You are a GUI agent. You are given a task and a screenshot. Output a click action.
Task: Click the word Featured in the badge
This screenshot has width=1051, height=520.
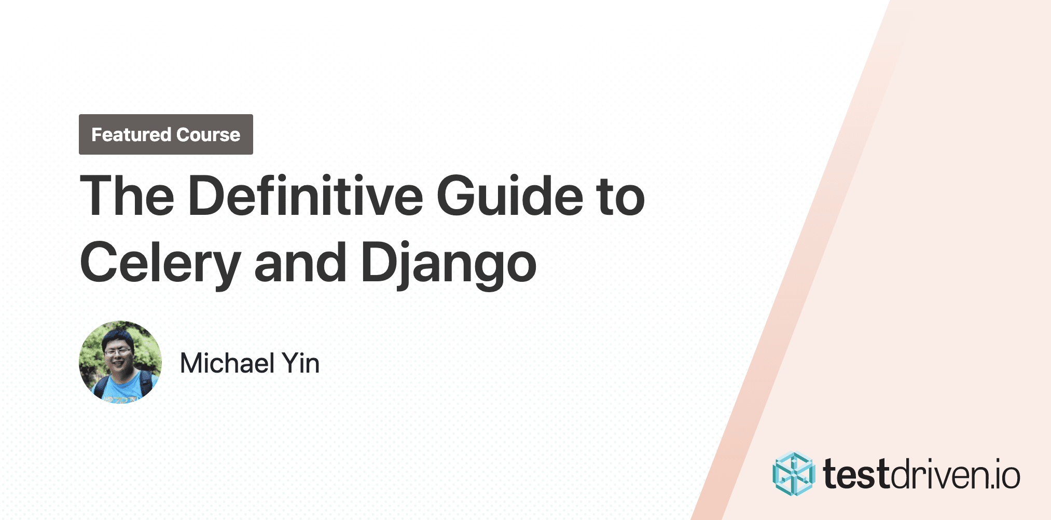click(x=131, y=135)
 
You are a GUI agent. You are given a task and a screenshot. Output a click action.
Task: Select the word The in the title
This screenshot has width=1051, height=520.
click(x=127, y=196)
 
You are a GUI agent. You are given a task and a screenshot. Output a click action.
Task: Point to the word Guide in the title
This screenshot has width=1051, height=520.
click(x=510, y=196)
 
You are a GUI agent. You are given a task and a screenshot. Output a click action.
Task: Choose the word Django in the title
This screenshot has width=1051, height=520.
click(x=449, y=263)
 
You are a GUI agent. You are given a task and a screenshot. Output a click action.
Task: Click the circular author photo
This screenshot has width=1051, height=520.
click(x=120, y=362)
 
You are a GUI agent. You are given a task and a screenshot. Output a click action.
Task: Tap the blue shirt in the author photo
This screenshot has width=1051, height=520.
click(x=120, y=389)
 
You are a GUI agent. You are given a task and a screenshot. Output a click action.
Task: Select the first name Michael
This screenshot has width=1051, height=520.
click(x=227, y=363)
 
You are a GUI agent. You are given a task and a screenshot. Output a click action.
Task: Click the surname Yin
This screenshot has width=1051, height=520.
click(x=301, y=363)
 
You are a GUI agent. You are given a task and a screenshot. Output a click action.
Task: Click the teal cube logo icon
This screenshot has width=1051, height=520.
click(x=793, y=474)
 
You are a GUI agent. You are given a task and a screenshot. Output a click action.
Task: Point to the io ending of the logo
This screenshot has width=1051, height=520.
click(x=1006, y=475)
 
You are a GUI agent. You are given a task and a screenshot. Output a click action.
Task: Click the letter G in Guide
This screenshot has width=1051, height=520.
click(x=458, y=196)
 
